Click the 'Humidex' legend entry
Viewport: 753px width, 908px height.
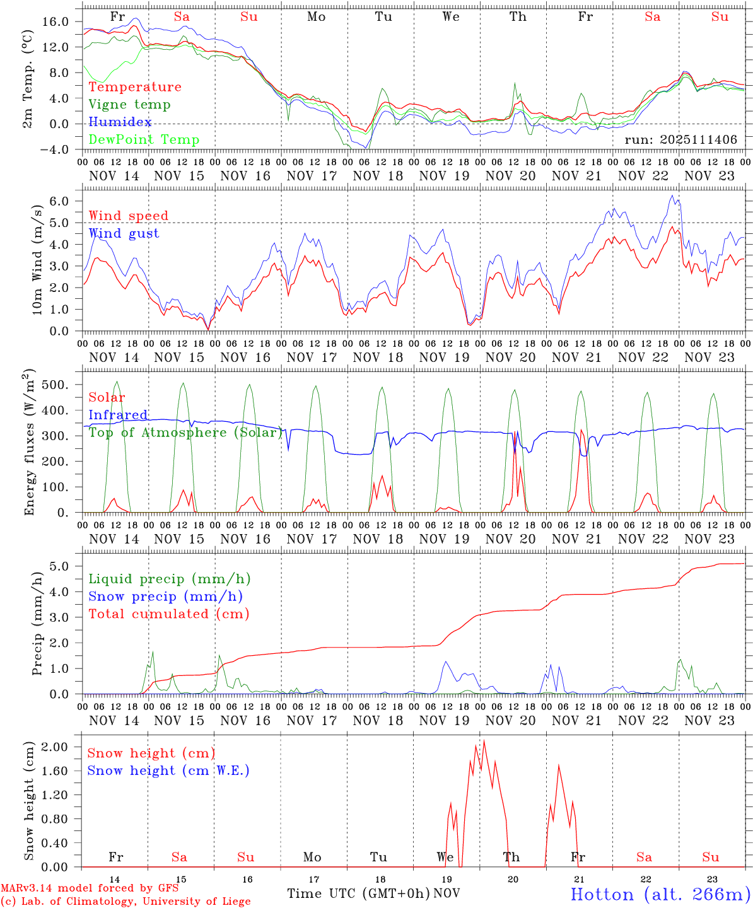(120, 122)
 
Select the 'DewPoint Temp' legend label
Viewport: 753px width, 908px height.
(144, 140)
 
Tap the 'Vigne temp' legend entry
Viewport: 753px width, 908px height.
(129, 105)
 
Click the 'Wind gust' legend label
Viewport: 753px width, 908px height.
(124, 233)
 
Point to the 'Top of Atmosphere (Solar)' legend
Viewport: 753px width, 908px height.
(185, 433)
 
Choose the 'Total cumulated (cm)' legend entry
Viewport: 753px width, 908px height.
(168, 614)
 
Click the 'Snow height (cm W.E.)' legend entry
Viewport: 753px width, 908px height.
(168, 771)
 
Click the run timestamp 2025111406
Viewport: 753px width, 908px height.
(680, 140)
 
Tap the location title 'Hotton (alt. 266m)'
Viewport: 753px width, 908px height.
(660, 894)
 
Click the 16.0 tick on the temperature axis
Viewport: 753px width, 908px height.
(55, 21)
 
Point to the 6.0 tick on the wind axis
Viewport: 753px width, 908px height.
(60, 201)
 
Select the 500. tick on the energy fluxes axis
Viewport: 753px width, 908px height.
(55, 385)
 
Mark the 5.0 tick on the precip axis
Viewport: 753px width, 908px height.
(60, 566)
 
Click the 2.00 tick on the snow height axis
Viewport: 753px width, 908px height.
(55, 747)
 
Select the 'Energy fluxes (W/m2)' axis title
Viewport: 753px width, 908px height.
(29, 444)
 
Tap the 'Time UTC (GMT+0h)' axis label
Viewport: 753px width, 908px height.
(359, 893)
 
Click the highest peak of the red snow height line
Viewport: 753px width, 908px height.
(484, 741)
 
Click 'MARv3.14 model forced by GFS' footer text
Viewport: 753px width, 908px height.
(90, 888)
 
